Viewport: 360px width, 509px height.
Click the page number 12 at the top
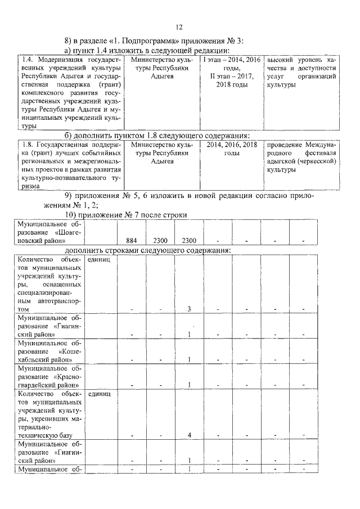tap(179, 27)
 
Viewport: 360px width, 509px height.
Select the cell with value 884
tap(132, 240)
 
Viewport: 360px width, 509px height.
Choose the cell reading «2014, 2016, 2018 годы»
tap(232, 148)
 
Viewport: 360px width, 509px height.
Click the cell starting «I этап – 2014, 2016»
tap(232, 71)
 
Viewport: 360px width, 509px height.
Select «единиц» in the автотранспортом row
tap(99, 260)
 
